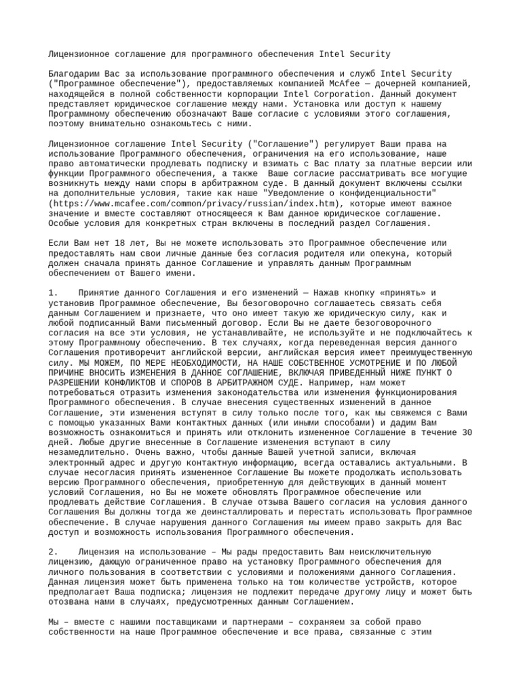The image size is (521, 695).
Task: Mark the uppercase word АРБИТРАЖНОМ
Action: click(x=246, y=383)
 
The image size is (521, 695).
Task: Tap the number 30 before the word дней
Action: click(x=467, y=432)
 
